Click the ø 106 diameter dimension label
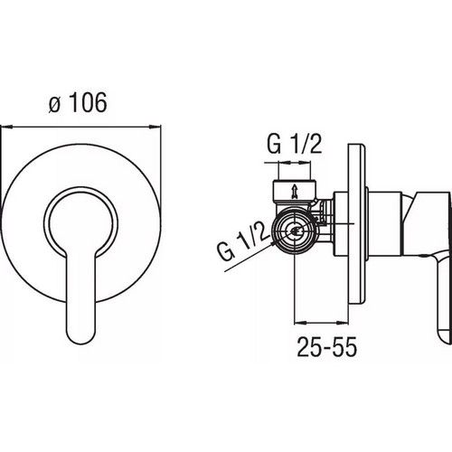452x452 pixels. tap(78, 102)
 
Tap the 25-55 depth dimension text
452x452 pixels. tap(327, 346)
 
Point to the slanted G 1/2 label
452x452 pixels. tap(242, 243)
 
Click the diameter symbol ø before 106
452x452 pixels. tap(54, 105)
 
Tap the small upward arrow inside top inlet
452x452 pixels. tap(294, 192)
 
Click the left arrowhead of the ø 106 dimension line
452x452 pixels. tap(6, 127)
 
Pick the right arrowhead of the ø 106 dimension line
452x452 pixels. tap(155, 127)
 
